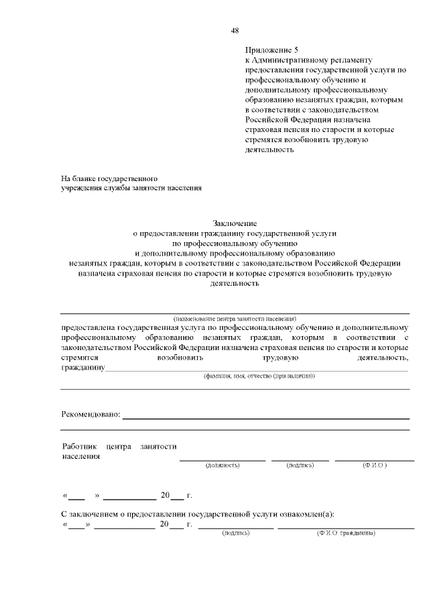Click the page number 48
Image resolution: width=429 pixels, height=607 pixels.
coord(235,30)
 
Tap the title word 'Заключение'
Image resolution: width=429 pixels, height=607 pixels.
coord(235,223)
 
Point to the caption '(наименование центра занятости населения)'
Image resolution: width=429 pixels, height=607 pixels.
coord(235,317)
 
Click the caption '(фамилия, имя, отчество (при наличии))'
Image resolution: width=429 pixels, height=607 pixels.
coord(259,377)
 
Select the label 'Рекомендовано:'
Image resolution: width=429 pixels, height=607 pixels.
coord(90,415)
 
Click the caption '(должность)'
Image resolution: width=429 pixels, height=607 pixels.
coord(223,465)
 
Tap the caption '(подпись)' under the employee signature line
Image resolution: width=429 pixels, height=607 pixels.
coord(300,465)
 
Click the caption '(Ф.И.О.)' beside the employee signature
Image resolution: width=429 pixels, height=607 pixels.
coord(374,465)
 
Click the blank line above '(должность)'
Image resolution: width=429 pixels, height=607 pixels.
coord(223,459)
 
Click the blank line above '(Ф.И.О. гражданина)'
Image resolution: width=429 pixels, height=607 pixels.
coord(346,528)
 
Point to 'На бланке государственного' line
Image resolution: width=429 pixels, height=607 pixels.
coord(109,179)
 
